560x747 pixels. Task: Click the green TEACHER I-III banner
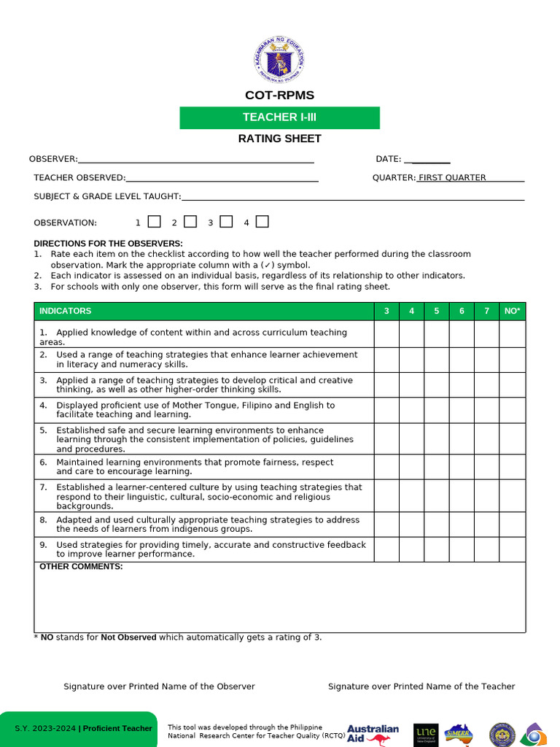[279, 117]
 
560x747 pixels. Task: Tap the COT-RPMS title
[279, 96]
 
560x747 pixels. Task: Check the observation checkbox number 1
[155, 222]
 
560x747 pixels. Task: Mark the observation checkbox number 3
[226, 222]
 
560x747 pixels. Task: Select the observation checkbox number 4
[262, 222]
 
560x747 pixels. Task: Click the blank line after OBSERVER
[195, 159]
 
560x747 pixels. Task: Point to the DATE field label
[388, 159]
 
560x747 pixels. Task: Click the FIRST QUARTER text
[452, 177]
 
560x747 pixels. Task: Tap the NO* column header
[512, 311]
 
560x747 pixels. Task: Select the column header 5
[437, 311]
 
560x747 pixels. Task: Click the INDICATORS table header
[66, 311]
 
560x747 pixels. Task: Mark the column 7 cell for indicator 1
[486, 334]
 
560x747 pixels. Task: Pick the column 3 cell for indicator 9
[386, 549]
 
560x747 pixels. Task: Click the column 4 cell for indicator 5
[411, 438]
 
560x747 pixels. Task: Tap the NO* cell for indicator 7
[512, 495]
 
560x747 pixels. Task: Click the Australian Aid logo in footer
[373, 734]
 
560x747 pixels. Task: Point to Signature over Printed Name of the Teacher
[421, 686]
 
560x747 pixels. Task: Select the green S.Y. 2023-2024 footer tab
[78, 729]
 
